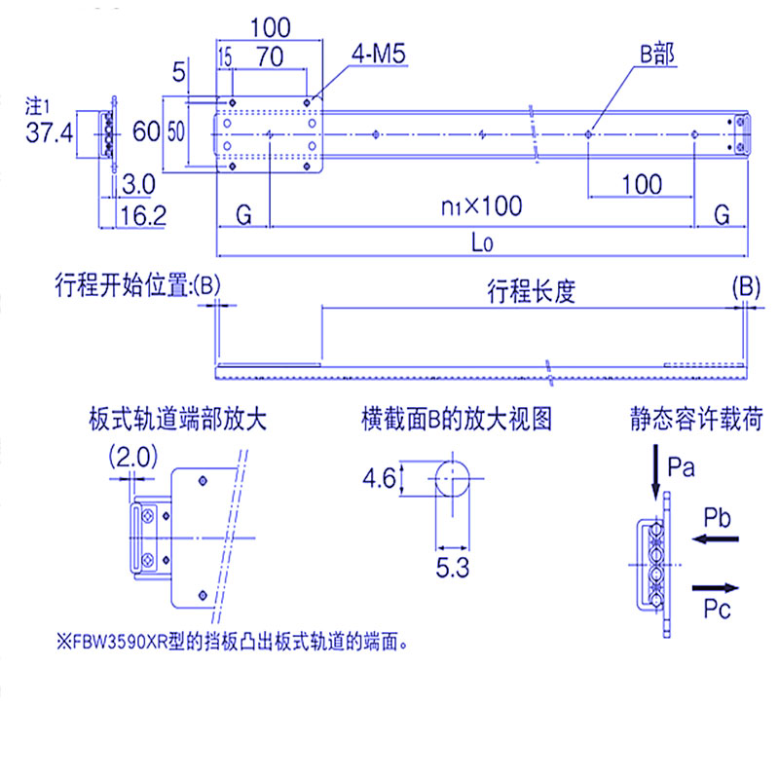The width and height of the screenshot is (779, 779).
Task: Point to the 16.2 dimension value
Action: pyautogui.click(x=142, y=215)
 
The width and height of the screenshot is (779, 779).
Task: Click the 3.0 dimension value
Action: pyautogui.click(x=138, y=184)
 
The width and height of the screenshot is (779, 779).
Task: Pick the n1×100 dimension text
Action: pyautogui.click(x=481, y=205)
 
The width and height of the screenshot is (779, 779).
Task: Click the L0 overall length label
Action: pyautogui.click(x=481, y=243)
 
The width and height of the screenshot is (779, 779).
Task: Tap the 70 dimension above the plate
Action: pyautogui.click(x=269, y=57)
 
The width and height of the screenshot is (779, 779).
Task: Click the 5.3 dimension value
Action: pyautogui.click(x=453, y=567)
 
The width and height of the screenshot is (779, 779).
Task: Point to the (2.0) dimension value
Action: pyautogui.click(x=132, y=456)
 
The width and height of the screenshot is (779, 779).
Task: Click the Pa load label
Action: pyautogui.click(x=682, y=467)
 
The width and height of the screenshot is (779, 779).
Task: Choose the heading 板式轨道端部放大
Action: pyautogui.click(x=176, y=420)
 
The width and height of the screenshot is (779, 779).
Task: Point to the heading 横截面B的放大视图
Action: pyautogui.click(x=456, y=420)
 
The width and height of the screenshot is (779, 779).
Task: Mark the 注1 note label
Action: pyautogui.click(x=38, y=104)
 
